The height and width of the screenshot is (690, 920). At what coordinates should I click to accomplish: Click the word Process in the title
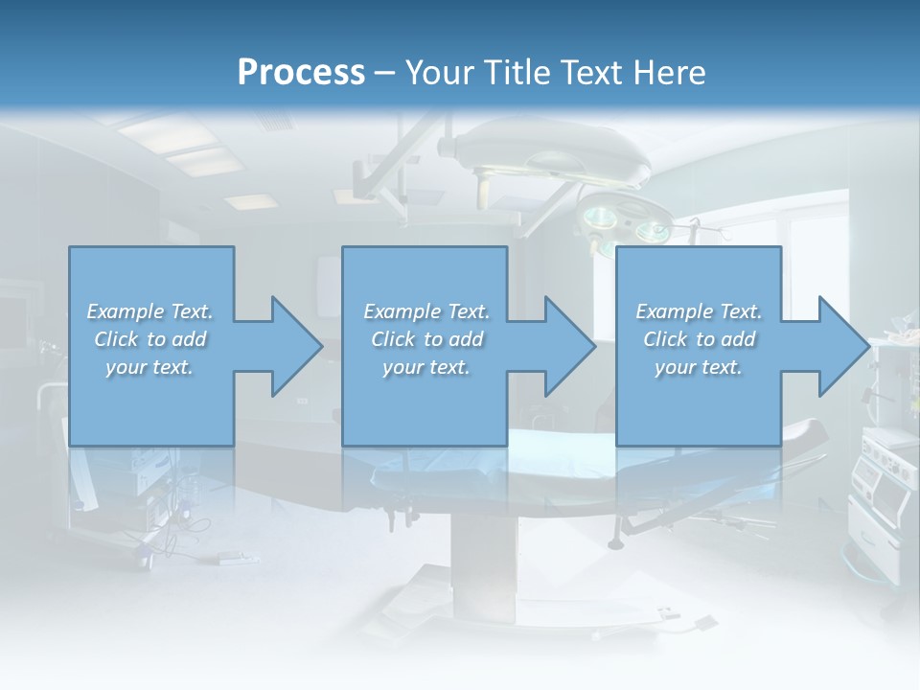pyautogui.click(x=301, y=72)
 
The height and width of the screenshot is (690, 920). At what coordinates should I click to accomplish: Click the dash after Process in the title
pyautogui.click(x=385, y=73)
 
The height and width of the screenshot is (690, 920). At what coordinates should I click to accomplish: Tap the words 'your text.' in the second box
pyautogui.click(x=425, y=367)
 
